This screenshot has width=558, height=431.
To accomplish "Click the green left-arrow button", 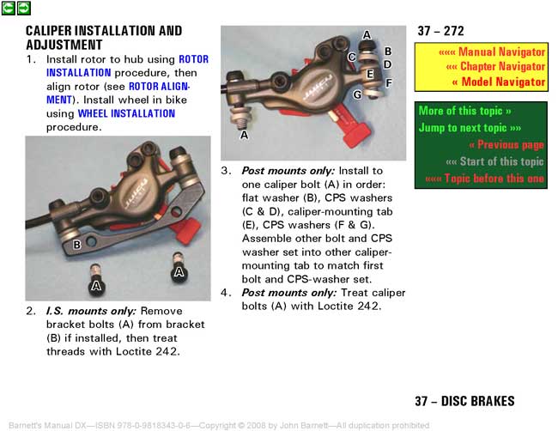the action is coord(9,9).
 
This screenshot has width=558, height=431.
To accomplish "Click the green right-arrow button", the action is coord(24,9).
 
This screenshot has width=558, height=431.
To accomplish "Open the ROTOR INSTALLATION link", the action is coord(127,66).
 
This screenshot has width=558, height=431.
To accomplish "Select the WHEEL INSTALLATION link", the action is coord(126,113).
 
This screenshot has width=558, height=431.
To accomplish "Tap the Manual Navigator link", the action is coord(491,52).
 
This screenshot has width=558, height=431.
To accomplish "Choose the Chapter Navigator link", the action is coord(495,67).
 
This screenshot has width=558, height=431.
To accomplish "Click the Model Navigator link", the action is coord(498,82).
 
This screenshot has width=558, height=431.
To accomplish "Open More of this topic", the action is coord(464,111).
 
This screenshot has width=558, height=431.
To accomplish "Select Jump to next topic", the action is coord(470,128).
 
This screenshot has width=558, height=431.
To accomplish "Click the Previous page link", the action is coord(506,145).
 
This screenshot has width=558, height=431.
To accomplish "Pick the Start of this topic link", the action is coord(494,161).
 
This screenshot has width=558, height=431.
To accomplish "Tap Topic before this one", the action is coord(485,179).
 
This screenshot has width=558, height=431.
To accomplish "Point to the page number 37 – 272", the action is coord(440,31).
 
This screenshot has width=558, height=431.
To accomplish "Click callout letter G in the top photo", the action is coord(357,94).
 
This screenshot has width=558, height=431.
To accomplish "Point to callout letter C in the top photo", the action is coord(352,57).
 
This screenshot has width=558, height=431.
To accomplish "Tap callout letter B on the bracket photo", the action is coord(77,245).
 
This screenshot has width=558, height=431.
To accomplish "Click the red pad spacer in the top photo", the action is coord(350,126).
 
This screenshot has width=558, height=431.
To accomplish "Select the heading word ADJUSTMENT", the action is coord(64,45).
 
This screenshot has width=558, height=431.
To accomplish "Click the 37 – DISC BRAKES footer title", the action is coord(464,401).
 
